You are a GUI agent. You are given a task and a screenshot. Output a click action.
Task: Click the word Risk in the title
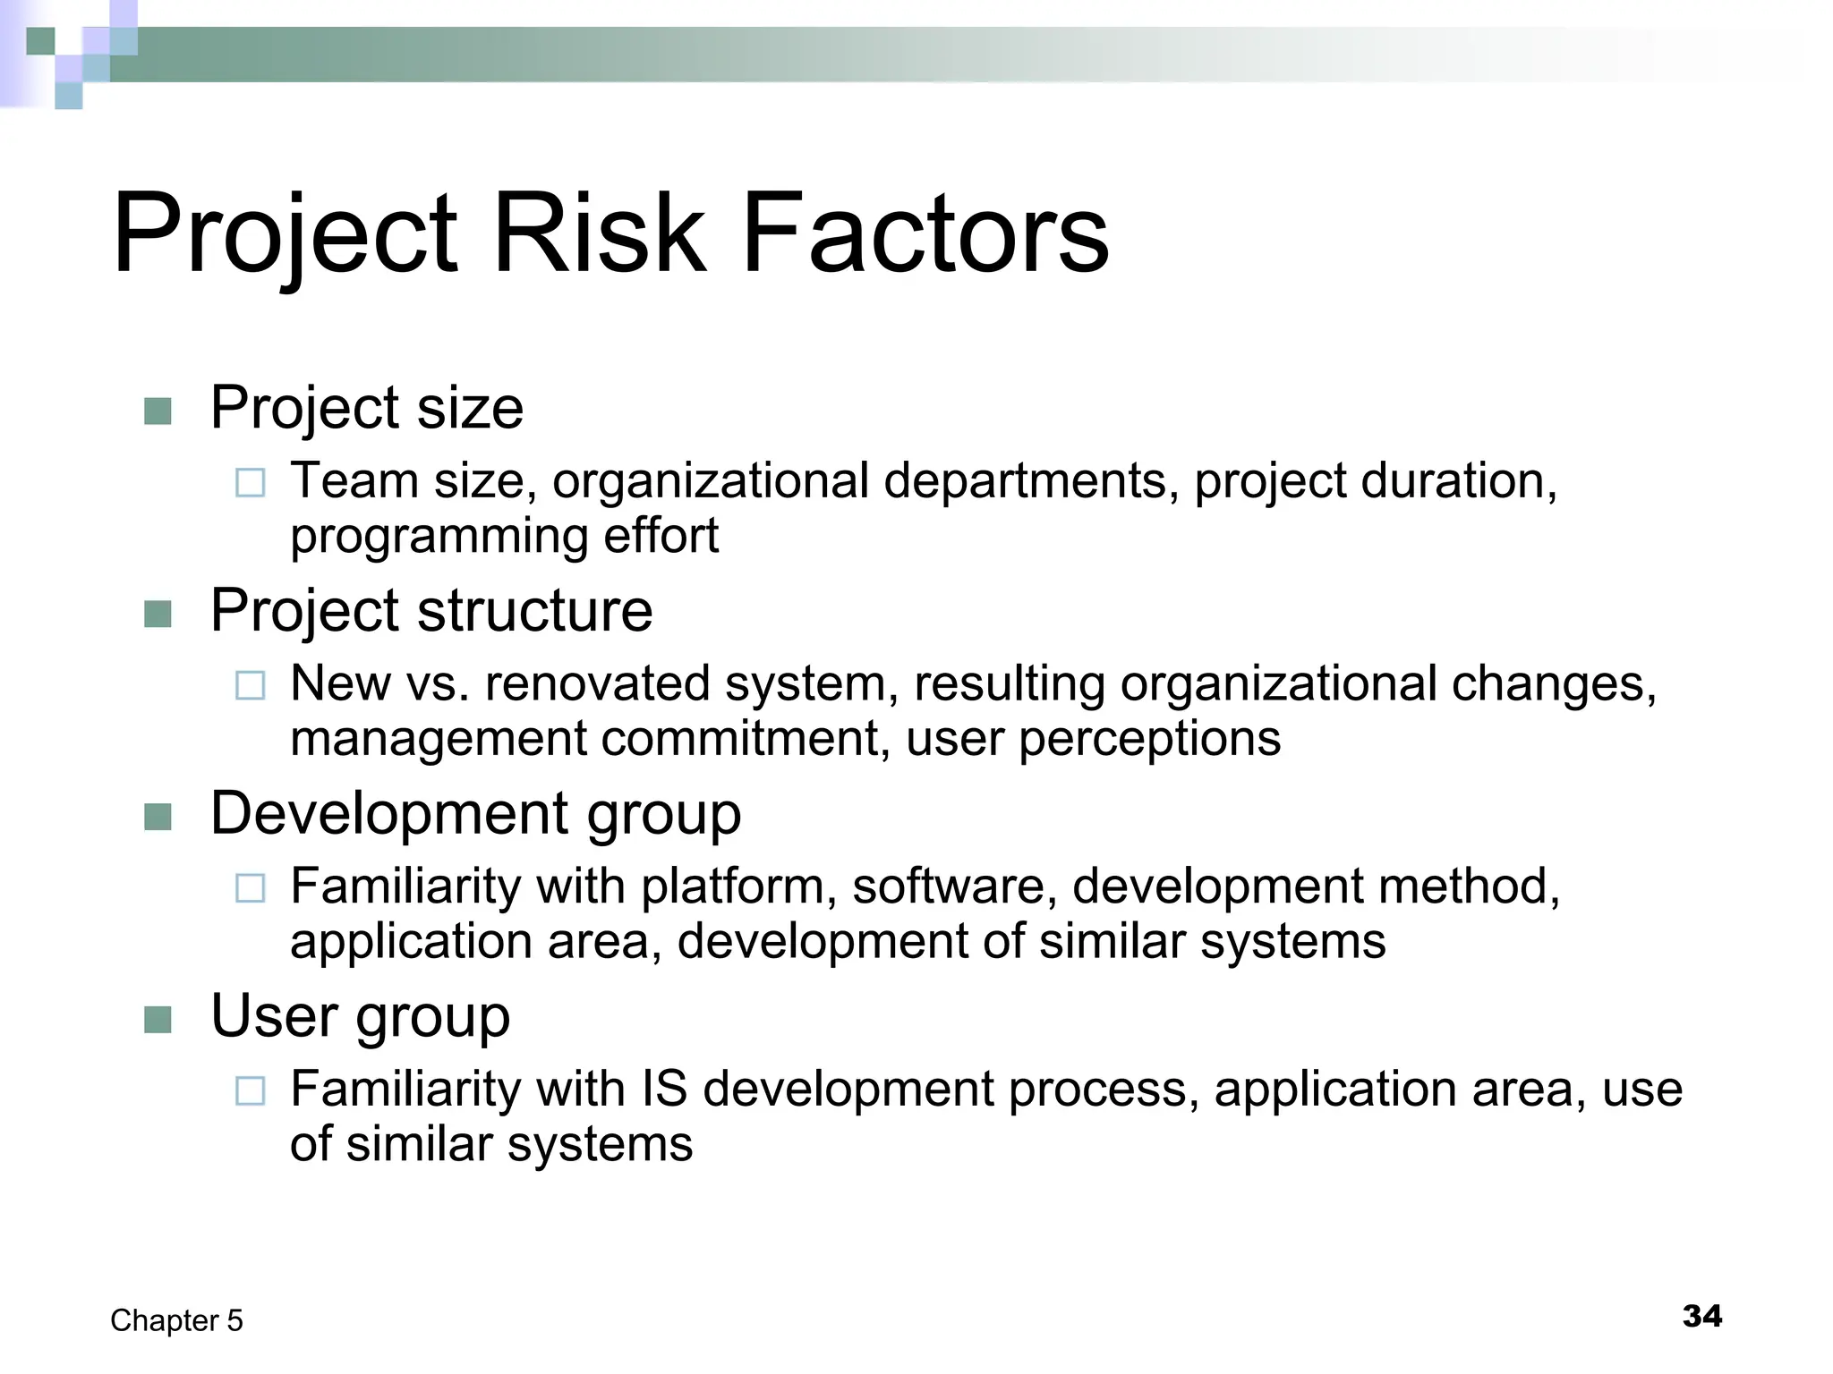coord(599,234)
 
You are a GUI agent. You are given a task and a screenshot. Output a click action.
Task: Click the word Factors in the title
coord(925,234)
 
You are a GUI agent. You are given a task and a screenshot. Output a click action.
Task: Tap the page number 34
coord(1701,1316)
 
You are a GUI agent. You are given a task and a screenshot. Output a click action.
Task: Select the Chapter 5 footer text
coord(176,1320)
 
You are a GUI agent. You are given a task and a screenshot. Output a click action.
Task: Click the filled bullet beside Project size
coord(158,411)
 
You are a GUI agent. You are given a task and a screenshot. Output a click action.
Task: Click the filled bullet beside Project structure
coord(158,615)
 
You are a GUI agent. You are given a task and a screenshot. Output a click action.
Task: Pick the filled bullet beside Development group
coord(158,817)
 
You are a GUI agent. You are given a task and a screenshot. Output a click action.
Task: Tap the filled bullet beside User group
coord(158,1020)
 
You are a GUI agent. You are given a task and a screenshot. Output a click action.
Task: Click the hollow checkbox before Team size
coord(250,483)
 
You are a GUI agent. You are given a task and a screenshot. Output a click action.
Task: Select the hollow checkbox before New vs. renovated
coord(250,686)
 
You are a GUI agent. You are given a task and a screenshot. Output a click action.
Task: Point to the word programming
coord(439,538)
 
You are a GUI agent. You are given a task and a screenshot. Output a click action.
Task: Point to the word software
coord(949,886)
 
